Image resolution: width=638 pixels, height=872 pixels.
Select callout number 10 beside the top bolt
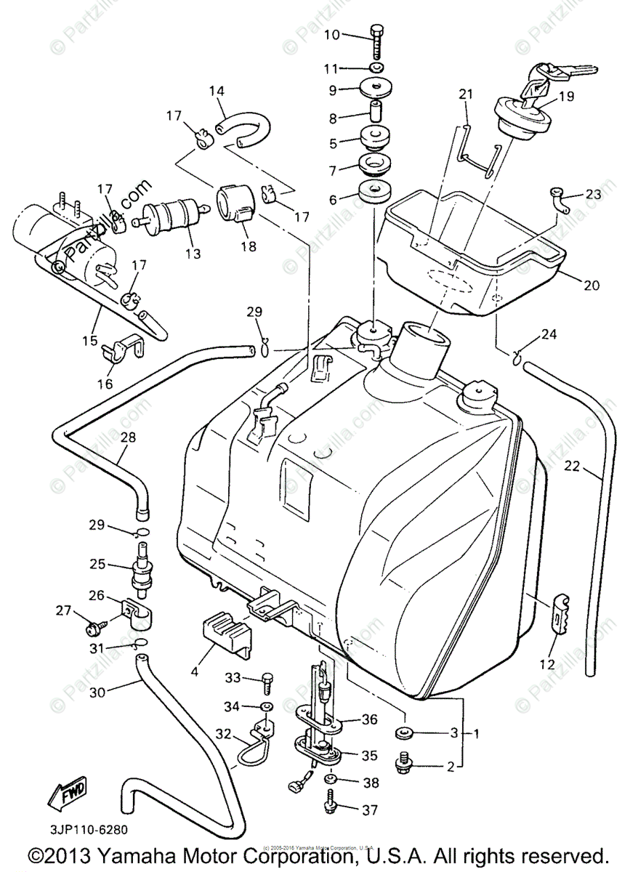click(331, 34)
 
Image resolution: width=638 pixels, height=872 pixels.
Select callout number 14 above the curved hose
click(217, 92)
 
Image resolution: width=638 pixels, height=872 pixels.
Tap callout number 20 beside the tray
click(590, 286)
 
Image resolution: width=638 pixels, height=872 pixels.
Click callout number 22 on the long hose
click(572, 467)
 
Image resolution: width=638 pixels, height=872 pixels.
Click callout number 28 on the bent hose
click(128, 437)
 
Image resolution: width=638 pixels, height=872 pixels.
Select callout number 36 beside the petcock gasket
click(369, 720)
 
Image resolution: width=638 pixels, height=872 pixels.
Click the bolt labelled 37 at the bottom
click(328, 807)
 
